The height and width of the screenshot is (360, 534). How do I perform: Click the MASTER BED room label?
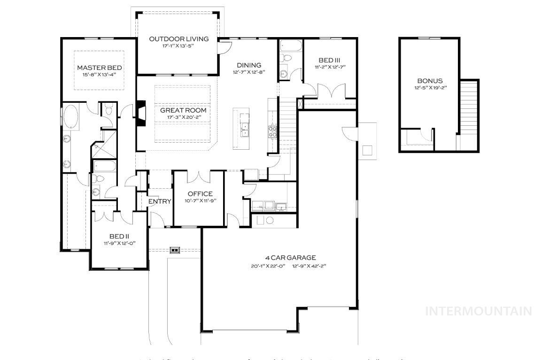(99, 68)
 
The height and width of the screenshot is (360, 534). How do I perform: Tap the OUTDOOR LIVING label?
(178, 39)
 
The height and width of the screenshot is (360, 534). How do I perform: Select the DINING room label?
(248, 65)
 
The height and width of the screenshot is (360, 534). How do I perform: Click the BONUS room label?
(430, 81)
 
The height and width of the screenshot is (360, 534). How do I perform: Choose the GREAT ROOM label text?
(183, 110)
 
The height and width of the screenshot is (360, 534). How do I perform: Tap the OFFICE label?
(200, 194)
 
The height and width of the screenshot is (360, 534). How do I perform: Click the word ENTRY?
(160, 201)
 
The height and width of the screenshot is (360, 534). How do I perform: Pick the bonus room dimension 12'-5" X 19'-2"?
(430, 88)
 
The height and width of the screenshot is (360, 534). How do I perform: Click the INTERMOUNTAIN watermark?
(478, 311)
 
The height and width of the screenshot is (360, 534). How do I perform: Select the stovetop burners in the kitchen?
(273, 131)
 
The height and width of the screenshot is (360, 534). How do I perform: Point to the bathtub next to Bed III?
(291, 45)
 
